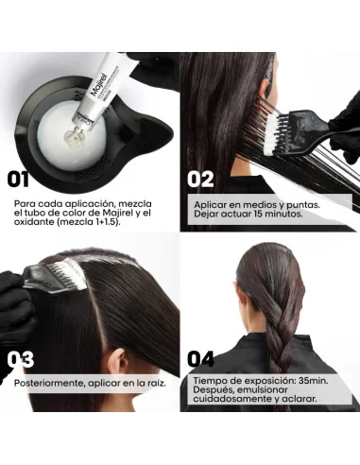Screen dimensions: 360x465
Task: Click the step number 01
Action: (x=18, y=179)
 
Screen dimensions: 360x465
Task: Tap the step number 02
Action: (x=200, y=179)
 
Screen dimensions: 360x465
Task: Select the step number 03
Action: (x=21, y=360)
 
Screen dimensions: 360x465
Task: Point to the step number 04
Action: (x=200, y=359)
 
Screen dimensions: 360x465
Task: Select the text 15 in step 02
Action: (x=258, y=214)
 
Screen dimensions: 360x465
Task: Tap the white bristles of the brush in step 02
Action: (x=270, y=133)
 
